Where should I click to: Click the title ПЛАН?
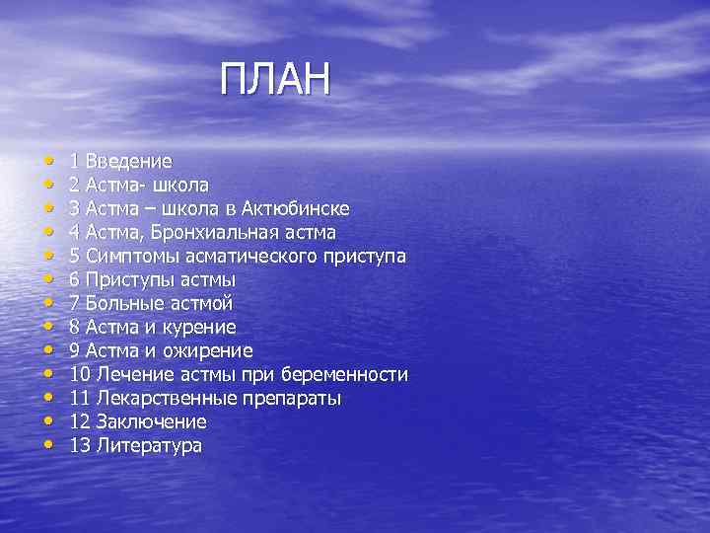pos(276,80)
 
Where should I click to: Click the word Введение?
pos(128,161)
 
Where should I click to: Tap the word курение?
pos(200,327)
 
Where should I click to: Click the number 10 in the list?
pos(80,375)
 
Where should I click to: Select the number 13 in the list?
pos(80,446)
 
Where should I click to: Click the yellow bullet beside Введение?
pos(48,161)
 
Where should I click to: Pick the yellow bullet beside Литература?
pos(48,446)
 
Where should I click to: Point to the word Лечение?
pos(128,375)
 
